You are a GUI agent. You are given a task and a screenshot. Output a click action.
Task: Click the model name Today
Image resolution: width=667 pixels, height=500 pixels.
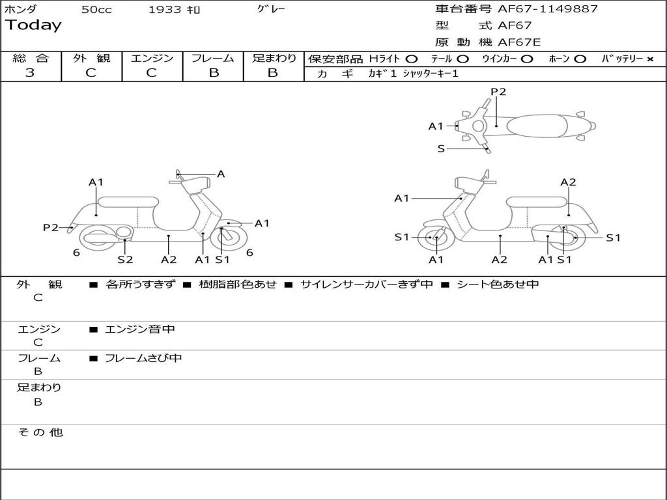pos(33,25)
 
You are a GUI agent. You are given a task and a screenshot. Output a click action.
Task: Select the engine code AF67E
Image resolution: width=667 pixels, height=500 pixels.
pos(519,42)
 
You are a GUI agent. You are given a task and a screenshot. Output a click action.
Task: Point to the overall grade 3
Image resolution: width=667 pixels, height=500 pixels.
pos(30,73)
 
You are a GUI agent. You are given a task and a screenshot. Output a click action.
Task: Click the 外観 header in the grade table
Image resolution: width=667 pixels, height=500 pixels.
pos(91,58)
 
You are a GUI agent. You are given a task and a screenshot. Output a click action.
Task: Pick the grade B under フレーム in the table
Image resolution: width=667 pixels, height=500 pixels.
pos(213,73)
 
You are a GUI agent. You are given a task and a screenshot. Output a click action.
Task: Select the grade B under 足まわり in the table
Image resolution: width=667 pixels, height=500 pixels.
pos(273,73)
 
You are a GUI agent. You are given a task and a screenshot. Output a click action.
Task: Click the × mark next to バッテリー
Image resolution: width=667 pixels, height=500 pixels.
pos(649,59)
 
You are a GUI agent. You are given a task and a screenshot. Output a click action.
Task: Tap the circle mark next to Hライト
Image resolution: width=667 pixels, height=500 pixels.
pos(412,59)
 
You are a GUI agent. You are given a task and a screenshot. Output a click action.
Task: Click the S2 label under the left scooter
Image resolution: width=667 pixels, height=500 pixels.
pos(125,260)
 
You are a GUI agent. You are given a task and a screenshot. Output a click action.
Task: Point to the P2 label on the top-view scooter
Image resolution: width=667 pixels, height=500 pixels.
pos(498,92)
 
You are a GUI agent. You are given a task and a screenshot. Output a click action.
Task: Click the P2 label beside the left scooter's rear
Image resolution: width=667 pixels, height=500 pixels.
pos(51,227)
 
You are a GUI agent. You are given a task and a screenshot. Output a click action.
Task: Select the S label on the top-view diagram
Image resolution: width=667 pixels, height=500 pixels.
pos(441,148)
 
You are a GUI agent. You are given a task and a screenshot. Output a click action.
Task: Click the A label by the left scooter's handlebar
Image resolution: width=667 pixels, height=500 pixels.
pos(221,174)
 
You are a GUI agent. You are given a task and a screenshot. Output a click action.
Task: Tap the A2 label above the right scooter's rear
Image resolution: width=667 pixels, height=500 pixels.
pos(568,182)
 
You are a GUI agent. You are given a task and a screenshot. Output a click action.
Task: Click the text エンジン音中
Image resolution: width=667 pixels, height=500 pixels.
pos(140,329)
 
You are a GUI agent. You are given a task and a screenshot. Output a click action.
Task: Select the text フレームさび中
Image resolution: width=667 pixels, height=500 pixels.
pos(143,358)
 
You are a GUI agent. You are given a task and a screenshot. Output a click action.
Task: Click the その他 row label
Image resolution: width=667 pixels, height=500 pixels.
pos(40,432)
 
